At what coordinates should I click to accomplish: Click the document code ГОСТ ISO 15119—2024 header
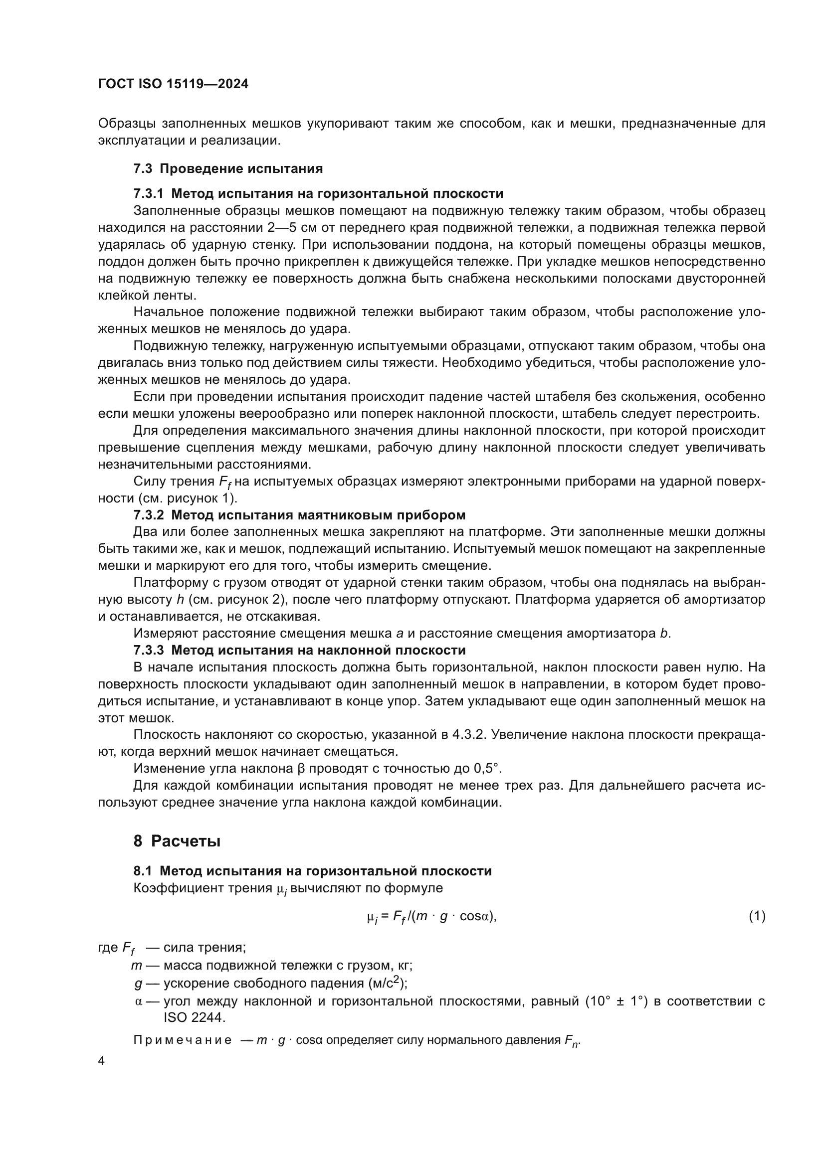(x=173, y=84)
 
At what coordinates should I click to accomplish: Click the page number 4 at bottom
(x=102, y=1061)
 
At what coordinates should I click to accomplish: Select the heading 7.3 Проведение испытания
(x=228, y=168)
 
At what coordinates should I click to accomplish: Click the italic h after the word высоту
(x=180, y=600)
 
